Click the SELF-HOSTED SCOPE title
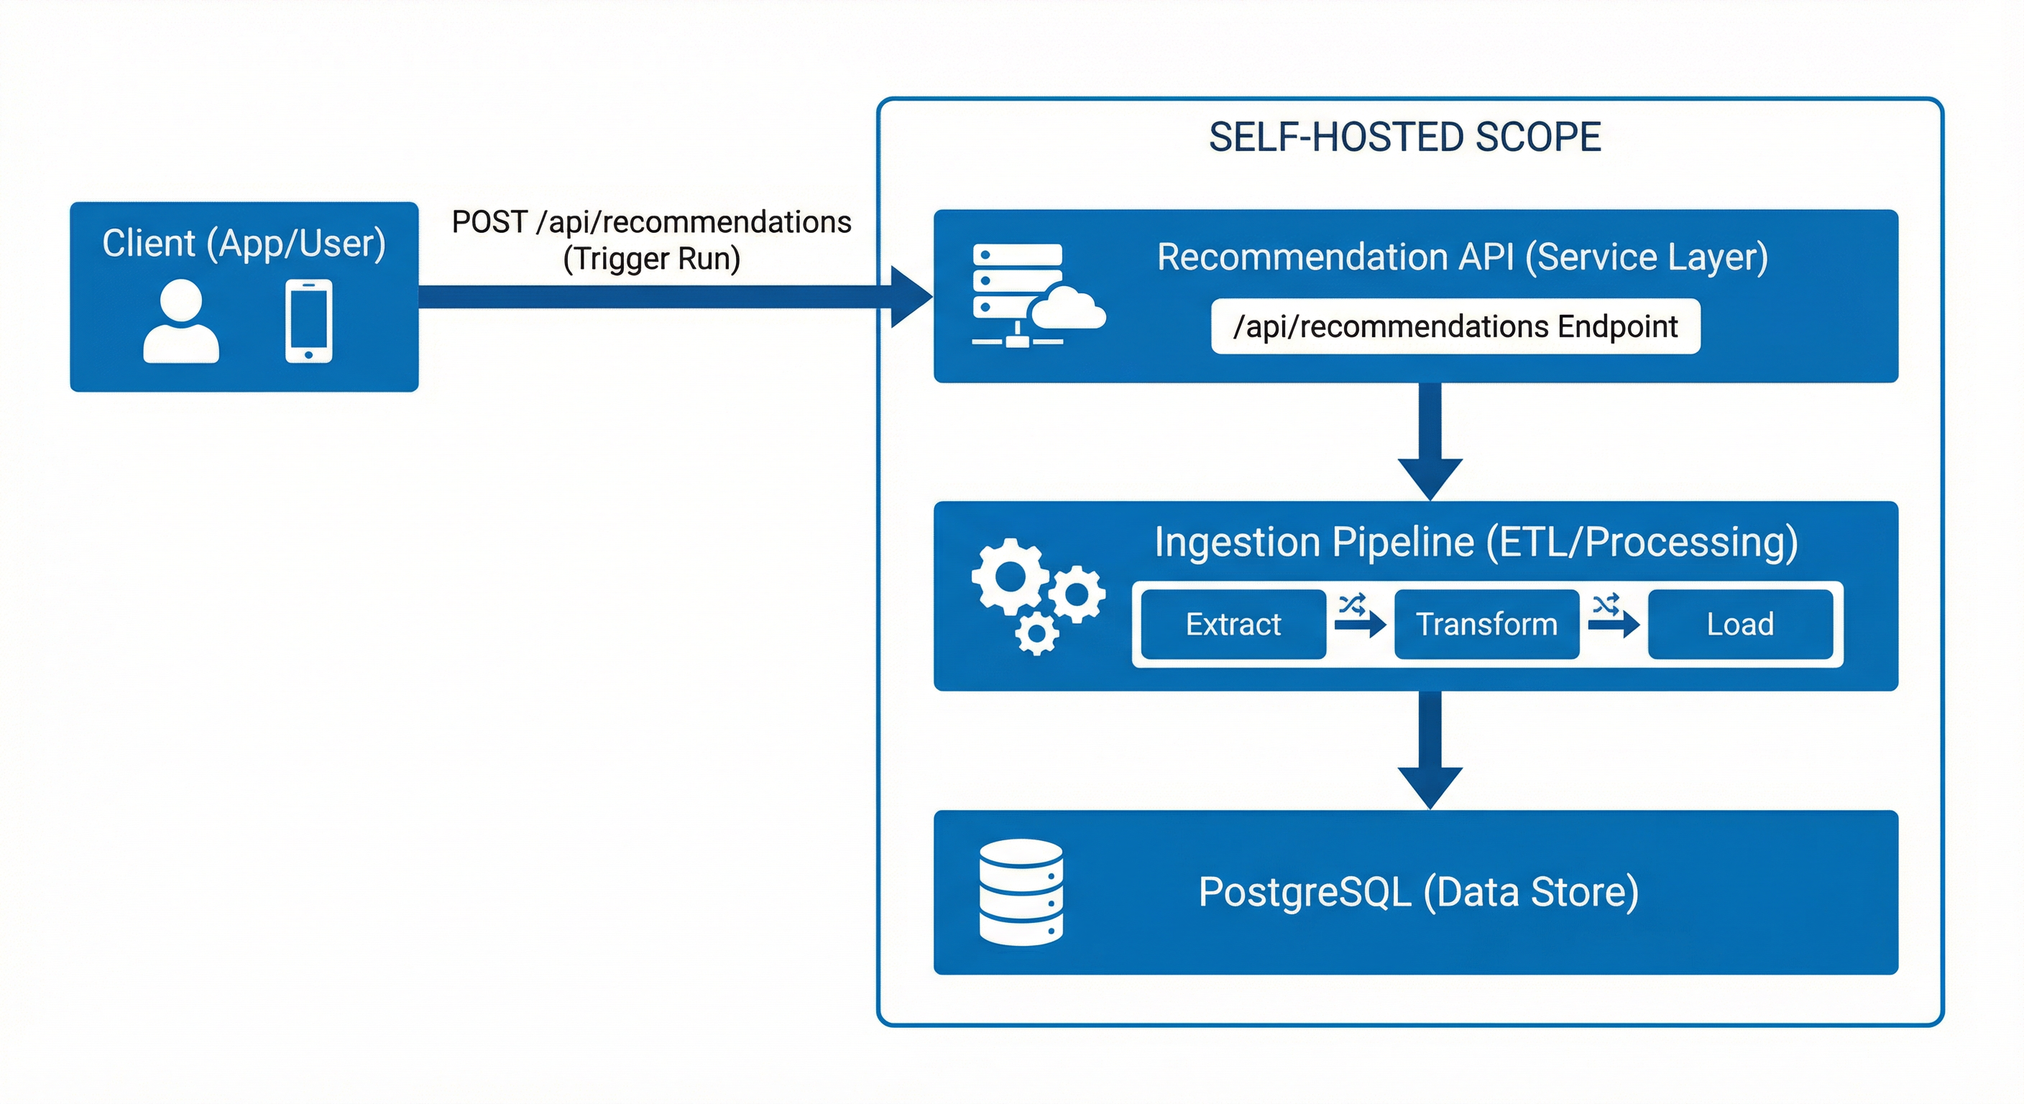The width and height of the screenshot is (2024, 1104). click(1404, 137)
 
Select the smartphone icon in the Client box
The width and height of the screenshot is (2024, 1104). click(308, 321)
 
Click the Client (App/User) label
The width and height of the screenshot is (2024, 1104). click(244, 243)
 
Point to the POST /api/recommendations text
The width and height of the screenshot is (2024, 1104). click(651, 222)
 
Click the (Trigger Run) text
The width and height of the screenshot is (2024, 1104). click(651, 259)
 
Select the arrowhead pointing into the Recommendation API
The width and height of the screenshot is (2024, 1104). click(911, 297)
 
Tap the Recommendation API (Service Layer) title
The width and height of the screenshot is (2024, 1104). click(1461, 257)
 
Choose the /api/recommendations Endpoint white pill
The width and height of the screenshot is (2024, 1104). click(1455, 326)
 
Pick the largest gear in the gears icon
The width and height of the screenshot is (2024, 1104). click(1010, 576)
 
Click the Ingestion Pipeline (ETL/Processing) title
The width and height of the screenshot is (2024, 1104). click(1476, 542)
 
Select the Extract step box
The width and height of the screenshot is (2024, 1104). click(1233, 625)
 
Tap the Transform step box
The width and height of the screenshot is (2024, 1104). click(1486, 625)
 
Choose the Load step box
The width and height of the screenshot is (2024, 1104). click(1739, 625)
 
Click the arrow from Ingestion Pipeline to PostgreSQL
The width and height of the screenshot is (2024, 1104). click(1430, 750)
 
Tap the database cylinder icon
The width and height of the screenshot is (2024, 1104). click(1021, 892)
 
